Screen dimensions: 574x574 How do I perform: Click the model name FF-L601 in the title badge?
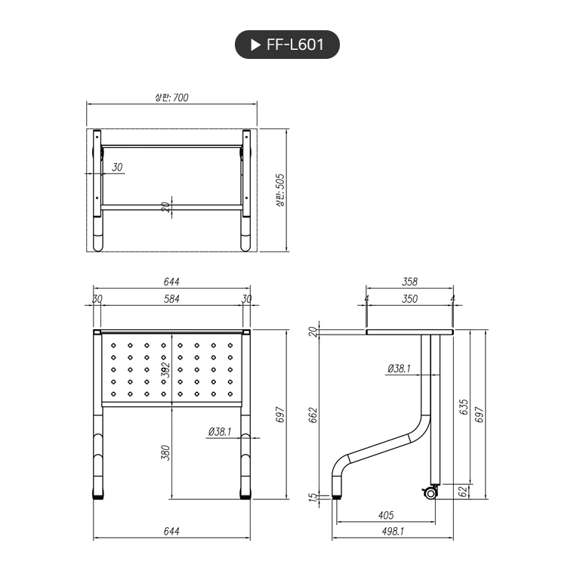pos(295,45)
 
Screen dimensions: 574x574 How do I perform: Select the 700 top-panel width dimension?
pos(171,97)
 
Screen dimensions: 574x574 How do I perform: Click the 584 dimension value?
pos(171,299)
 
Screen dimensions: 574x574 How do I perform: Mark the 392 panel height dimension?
pos(166,369)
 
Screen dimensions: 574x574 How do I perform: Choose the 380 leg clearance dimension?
pos(166,452)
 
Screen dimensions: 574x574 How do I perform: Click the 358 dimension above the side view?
pos(409,282)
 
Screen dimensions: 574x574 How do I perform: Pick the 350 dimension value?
pos(409,299)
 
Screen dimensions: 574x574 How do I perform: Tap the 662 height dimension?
pos(313,415)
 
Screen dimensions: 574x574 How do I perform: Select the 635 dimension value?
pos(464,407)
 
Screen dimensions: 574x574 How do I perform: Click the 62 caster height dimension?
pos(463,492)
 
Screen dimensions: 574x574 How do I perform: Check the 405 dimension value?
pos(384,515)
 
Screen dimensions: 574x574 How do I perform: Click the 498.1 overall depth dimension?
pos(393,532)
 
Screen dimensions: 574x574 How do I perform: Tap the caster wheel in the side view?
pos(430,493)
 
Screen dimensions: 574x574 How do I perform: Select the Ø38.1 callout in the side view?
pos(398,369)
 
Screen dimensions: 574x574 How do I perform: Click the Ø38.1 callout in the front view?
pos(219,432)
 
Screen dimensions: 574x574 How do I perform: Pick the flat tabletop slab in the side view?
pos(409,332)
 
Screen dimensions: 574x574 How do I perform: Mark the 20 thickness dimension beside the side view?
pos(313,332)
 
